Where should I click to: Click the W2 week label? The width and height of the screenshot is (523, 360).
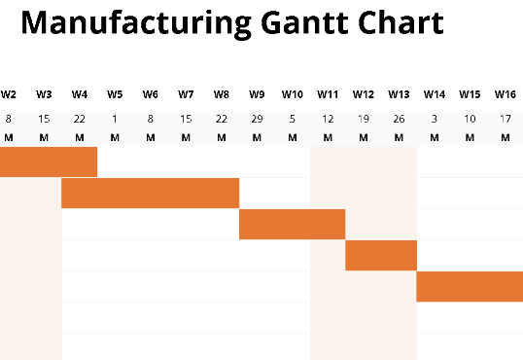(x=9, y=94)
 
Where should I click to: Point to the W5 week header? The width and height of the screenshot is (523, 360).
(x=115, y=94)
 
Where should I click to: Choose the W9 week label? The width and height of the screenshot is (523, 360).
(x=257, y=94)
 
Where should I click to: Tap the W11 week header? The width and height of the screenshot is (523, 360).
(x=328, y=94)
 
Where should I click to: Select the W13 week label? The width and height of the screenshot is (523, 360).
(x=399, y=94)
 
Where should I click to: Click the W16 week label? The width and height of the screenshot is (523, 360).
(x=505, y=94)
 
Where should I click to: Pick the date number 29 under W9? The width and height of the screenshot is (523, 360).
(x=257, y=119)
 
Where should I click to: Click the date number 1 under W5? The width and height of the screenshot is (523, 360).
(x=115, y=119)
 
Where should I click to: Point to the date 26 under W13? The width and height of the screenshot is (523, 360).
(x=399, y=119)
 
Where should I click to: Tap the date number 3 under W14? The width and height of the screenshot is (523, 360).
(x=434, y=119)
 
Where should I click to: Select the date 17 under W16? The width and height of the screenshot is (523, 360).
(x=505, y=119)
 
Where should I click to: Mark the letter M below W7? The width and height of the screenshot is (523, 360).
(x=186, y=137)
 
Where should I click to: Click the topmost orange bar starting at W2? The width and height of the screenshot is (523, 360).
(x=49, y=162)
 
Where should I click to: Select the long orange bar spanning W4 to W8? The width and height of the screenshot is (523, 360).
(x=150, y=194)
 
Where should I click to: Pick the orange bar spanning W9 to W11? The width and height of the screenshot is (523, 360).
(x=292, y=225)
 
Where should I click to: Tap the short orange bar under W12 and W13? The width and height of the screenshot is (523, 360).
(x=381, y=256)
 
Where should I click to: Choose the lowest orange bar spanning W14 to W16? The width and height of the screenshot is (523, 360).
(x=470, y=287)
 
